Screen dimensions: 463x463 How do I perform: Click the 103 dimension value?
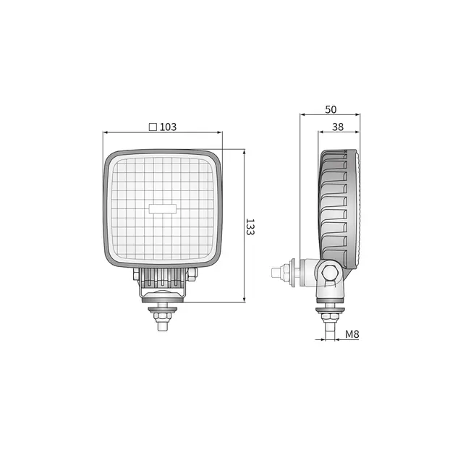(x=168, y=127)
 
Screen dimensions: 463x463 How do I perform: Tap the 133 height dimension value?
(x=250, y=226)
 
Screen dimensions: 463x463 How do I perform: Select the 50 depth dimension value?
(x=331, y=109)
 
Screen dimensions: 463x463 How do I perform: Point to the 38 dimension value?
(x=338, y=127)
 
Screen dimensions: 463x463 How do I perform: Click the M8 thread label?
(x=352, y=334)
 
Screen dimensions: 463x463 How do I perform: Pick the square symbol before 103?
(x=153, y=127)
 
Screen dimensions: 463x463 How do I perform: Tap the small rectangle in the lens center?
(x=162, y=208)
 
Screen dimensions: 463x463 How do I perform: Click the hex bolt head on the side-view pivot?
(x=329, y=273)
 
